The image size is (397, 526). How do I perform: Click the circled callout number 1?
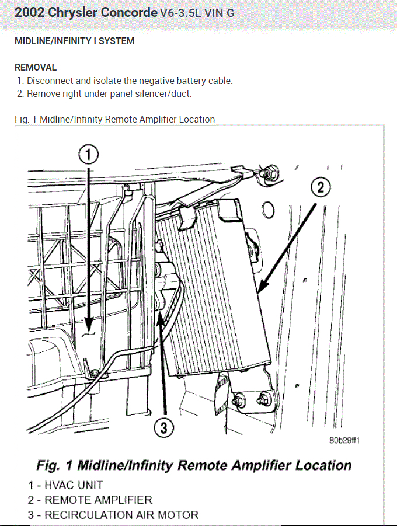pos(88,155)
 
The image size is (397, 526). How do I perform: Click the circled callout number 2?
pos(320,188)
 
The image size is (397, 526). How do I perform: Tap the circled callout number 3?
pos(164,429)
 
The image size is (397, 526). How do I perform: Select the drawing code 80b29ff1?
pos(344,440)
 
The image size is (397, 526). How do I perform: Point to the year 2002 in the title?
pos(29,12)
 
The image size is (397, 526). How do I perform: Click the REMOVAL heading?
pos(36,67)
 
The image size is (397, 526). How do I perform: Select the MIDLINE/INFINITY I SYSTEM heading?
pos(74,41)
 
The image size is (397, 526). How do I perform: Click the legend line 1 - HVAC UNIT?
pos(65,485)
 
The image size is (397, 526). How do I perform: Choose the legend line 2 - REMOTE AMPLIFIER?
pos(90,500)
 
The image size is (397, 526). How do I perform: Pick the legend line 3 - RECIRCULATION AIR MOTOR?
pos(113,515)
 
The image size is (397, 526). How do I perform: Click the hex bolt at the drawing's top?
pos(269,172)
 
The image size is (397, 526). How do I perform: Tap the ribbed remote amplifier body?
pos(216,286)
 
